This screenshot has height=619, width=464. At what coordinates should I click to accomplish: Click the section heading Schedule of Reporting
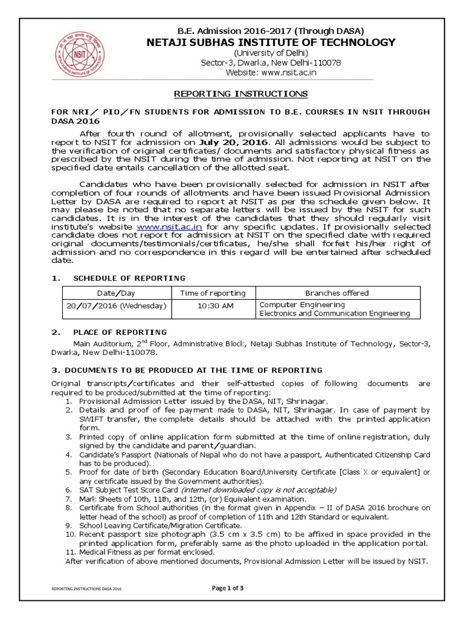[x=129, y=277]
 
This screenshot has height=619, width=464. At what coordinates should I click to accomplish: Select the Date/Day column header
[x=117, y=293]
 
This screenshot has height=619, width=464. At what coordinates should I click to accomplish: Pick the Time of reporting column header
[x=213, y=293]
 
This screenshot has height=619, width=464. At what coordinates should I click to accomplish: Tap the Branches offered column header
[x=337, y=293]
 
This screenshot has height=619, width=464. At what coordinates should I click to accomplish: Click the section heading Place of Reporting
[x=120, y=332]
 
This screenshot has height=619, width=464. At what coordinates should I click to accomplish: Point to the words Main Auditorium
[x=100, y=344]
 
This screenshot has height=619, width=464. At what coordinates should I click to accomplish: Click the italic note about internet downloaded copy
[x=268, y=489]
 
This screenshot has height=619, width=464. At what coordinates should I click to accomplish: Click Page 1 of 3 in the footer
[x=231, y=589]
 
